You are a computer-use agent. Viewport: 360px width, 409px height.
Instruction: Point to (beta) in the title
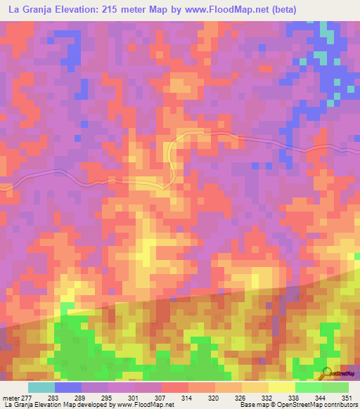[281, 10]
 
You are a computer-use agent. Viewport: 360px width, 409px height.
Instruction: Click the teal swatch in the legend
[41, 388]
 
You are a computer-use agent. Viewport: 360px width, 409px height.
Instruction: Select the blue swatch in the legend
[68, 388]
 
